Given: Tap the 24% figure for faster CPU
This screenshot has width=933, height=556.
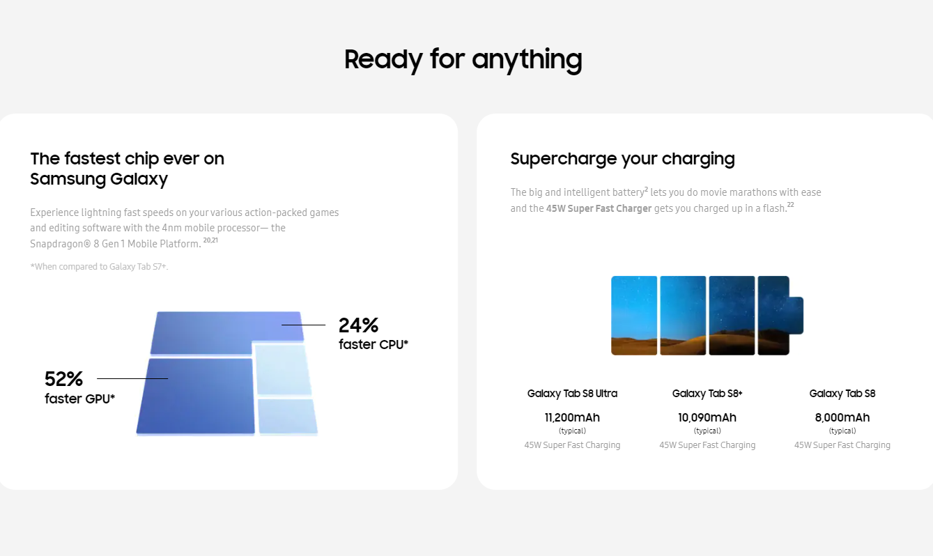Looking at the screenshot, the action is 358,325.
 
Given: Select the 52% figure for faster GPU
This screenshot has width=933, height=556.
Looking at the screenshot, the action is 63,379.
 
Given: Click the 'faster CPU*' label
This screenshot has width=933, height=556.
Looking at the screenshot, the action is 373,344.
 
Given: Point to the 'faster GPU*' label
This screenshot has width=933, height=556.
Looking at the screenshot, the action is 79,399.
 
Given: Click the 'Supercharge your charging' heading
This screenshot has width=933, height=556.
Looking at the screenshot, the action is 622,159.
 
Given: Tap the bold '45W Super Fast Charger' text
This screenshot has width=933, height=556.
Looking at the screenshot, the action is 599,208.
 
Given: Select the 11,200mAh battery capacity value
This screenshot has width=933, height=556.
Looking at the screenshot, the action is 572,417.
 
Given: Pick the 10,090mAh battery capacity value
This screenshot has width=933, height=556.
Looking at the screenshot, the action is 707,417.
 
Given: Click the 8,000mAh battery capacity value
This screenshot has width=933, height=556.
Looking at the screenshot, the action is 842,417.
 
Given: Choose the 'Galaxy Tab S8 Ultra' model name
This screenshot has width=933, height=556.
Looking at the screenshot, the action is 572,394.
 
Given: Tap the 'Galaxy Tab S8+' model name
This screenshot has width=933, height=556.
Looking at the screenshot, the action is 707,394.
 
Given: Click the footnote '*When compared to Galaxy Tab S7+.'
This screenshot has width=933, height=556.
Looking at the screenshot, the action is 99,267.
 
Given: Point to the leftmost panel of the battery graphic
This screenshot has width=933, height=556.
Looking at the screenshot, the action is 634,316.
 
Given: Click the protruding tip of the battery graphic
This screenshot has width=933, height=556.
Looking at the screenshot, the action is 796,315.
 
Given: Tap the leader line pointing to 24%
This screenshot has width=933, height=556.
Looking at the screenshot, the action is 303,325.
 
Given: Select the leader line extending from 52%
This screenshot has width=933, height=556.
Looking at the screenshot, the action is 132,378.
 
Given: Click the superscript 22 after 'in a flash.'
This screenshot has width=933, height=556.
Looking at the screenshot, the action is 791,204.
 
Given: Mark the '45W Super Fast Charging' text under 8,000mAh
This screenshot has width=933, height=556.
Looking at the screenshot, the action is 842,445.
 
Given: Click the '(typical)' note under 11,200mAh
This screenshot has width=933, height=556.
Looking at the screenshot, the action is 572,431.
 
